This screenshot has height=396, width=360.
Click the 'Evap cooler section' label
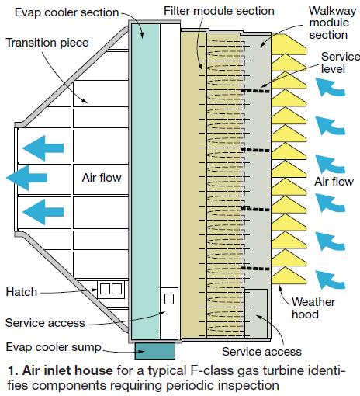point(67,12)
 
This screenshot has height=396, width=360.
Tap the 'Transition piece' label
point(47,43)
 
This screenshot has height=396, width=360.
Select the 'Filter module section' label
point(219,11)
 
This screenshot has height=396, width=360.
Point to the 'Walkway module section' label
point(332,23)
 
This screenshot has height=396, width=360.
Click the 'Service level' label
point(340,63)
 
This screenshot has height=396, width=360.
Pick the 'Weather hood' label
point(313,308)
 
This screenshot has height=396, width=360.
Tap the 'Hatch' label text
point(22,292)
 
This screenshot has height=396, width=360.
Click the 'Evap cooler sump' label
point(54,347)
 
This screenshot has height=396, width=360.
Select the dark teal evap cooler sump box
point(154,351)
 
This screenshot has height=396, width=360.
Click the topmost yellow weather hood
point(289,44)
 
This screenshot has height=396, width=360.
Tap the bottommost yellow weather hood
point(289,276)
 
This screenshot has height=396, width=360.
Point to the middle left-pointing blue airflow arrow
point(26,178)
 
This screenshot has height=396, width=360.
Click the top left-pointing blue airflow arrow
point(43,148)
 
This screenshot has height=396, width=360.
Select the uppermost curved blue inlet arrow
point(330,88)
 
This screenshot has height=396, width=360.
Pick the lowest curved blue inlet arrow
point(331,280)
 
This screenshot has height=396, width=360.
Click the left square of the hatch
point(105,289)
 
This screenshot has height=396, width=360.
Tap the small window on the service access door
point(169,299)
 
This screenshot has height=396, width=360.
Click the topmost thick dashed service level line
point(255,91)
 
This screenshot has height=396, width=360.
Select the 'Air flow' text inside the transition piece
point(102,178)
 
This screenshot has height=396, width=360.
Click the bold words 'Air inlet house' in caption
point(67,370)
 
